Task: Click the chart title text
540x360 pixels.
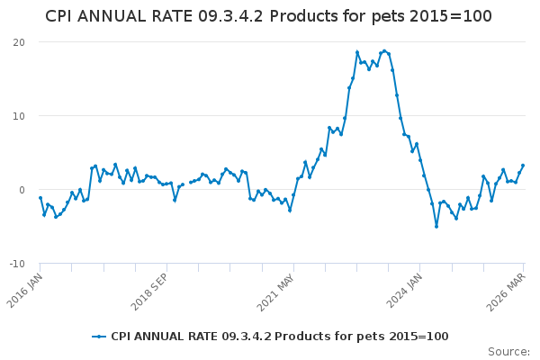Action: pos(268,16)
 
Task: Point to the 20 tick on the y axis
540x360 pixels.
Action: pos(19,42)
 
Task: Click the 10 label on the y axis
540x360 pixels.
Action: pos(19,116)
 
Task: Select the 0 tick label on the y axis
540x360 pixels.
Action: pos(22,190)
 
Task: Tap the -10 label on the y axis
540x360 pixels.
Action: pos(17,264)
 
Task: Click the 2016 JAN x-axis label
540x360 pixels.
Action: pos(25,291)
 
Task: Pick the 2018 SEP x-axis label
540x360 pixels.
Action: pos(149,292)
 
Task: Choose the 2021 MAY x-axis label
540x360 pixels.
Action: pos(276,292)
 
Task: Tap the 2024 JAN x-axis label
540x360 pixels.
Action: pos(404,291)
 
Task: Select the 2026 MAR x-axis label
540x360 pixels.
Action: pos(506,292)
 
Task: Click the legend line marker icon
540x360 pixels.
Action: pos(99,337)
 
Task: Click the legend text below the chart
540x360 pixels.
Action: pos(280,337)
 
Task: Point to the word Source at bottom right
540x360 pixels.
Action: pos(508,352)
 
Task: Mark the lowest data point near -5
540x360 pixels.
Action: pos(436,226)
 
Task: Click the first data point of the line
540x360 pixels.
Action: pos(40,198)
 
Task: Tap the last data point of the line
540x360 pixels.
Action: pos(523,166)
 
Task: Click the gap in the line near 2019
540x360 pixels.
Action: pos(186,184)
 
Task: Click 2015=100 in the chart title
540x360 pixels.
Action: pos(451,16)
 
